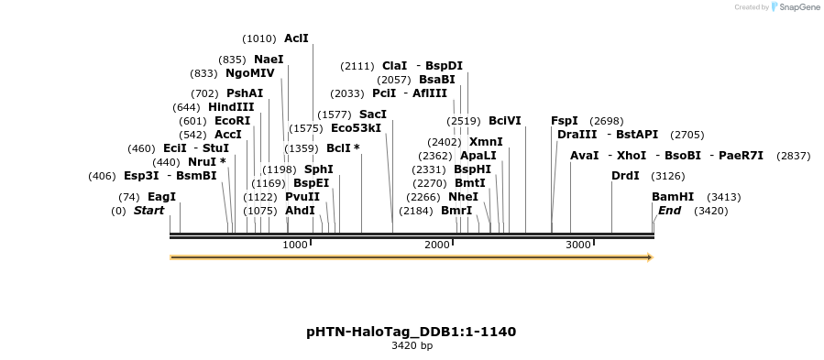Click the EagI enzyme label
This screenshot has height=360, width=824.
[x=161, y=197]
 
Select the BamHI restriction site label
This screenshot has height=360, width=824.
[x=673, y=197]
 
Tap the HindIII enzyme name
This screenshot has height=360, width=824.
[x=231, y=107]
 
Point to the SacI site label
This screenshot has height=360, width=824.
[x=373, y=115]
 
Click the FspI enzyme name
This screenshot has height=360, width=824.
[x=565, y=121]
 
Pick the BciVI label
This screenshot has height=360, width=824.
[x=504, y=121]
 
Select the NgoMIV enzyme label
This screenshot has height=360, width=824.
[x=250, y=73]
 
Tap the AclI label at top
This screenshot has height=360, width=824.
[x=296, y=38]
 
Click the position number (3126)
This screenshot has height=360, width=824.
[x=667, y=176]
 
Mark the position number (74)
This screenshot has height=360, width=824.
[x=128, y=197]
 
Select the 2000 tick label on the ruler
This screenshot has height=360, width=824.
[x=436, y=245]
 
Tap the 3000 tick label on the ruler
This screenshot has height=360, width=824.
[x=577, y=245]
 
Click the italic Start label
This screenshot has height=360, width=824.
[x=148, y=211]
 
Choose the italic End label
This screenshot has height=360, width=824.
[x=669, y=211]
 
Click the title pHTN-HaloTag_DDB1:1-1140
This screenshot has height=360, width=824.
[x=412, y=331]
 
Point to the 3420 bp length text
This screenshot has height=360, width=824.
[x=412, y=346]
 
